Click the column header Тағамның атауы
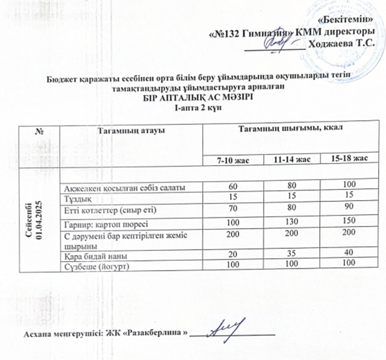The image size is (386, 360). click(x=130, y=130)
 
